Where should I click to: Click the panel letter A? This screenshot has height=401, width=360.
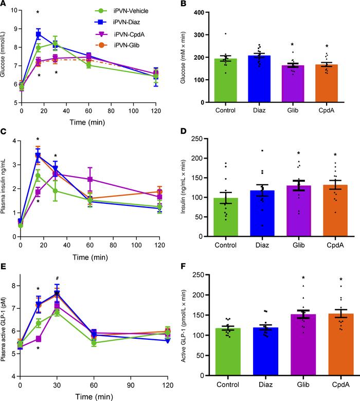(x=4, y=4)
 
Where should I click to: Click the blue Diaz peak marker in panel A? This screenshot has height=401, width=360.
(x=38, y=34)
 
